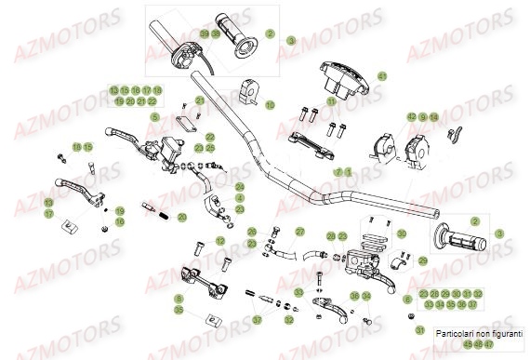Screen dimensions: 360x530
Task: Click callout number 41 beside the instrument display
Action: pyautogui.click(x=381, y=76)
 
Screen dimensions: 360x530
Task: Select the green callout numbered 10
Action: pyautogui.click(x=271, y=106)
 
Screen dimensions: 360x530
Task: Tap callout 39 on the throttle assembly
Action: pyautogui.click(x=204, y=34)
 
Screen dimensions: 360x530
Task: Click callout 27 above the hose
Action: pyautogui.click(x=299, y=232)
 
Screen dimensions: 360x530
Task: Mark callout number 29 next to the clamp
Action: pyautogui.click(x=424, y=260)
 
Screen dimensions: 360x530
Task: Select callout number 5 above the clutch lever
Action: pyautogui.click(x=156, y=116)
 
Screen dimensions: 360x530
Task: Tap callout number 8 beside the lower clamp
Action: pyautogui.click(x=179, y=299)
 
